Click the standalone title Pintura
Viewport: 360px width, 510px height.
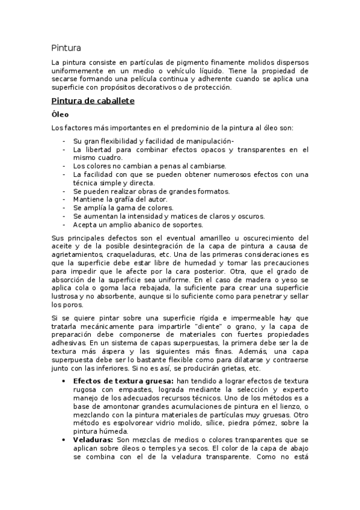pos(66,47)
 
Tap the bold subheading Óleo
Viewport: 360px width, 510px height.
pos(60,114)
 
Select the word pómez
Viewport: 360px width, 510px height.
pos(261,423)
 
